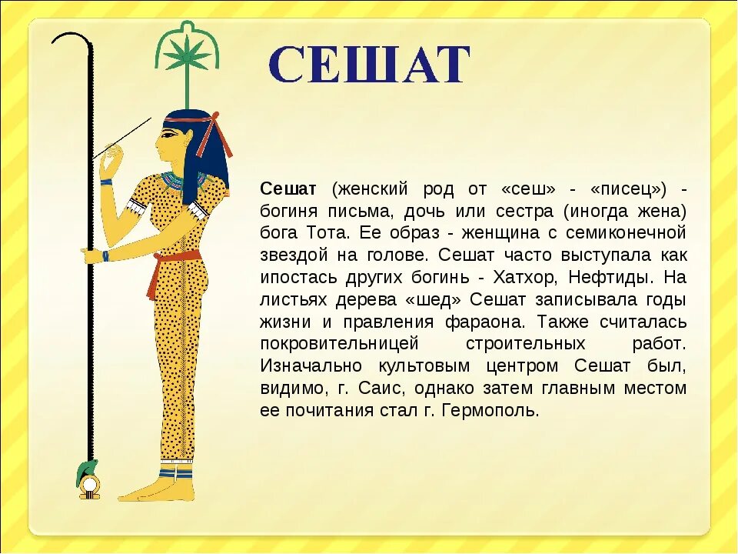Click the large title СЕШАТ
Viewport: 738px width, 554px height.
coord(370,65)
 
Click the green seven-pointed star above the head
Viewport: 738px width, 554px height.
coord(188,54)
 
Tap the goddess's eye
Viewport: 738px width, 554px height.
coord(168,135)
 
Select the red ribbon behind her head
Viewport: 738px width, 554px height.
coord(214,134)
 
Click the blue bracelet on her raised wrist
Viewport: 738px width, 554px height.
coord(106,182)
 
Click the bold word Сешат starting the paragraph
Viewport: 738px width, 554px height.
coord(288,189)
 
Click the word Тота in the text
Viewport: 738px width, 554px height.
coord(327,233)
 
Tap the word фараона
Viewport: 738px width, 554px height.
coord(485,322)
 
